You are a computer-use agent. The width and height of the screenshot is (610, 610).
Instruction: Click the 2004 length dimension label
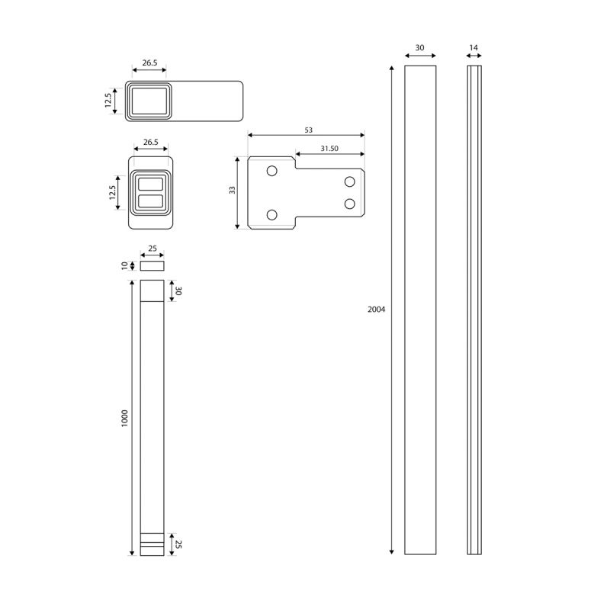(x=376, y=310)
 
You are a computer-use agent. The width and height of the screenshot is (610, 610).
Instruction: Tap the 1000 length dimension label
(x=124, y=418)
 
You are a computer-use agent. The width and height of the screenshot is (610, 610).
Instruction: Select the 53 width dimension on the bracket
(x=309, y=130)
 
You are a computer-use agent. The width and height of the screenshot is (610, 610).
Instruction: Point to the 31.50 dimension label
(x=329, y=148)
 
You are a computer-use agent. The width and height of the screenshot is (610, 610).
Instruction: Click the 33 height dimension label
(x=233, y=190)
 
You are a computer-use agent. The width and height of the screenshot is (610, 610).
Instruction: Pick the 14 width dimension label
(x=474, y=47)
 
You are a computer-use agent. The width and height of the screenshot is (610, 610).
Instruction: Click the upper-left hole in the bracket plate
(x=272, y=170)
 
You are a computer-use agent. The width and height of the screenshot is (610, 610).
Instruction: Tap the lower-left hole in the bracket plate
(x=272, y=215)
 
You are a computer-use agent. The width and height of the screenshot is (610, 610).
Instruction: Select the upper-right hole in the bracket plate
(x=350, y=181)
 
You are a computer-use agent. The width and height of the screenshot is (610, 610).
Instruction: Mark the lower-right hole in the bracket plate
(x=350, y=204)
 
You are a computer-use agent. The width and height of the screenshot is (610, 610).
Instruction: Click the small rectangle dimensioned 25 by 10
(x=152, y=265)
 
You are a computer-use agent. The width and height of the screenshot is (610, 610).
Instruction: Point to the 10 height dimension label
(x=124, y=265)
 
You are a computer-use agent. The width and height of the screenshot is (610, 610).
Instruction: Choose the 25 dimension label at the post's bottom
(x=178, y=544)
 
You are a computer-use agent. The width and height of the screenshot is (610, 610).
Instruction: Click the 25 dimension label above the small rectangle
(x=152, y=249)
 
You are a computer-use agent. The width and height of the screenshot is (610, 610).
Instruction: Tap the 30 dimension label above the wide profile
(x=419, y=47)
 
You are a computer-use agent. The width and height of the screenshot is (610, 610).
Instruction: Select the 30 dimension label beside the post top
(x=178, y=291)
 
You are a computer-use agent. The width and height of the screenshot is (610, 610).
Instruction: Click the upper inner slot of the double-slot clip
(x=150, y=184)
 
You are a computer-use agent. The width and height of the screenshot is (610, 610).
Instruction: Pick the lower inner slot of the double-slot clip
(x=150, y=201)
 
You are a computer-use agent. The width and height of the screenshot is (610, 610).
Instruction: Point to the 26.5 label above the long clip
(x=149, y=63)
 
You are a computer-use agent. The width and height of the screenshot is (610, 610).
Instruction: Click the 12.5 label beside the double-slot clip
(x=112, y=193)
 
